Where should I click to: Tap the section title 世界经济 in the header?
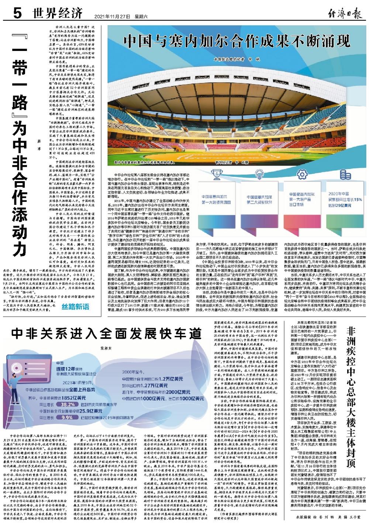[x=56, y=14]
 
